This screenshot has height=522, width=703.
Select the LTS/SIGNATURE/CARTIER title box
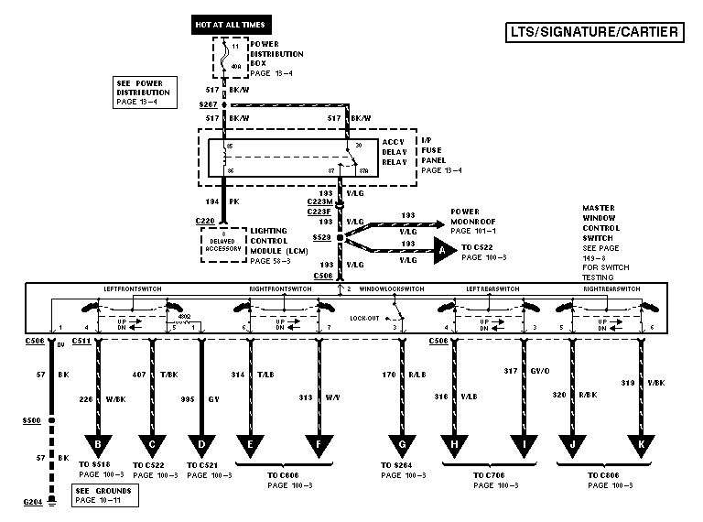(595, 33)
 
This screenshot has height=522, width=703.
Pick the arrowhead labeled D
(202, 447)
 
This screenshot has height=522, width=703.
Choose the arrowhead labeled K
(643, 447)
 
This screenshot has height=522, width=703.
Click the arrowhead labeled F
(319, 447)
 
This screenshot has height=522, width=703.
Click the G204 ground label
(33, 503)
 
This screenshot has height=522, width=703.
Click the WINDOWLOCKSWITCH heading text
(392, 289)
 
